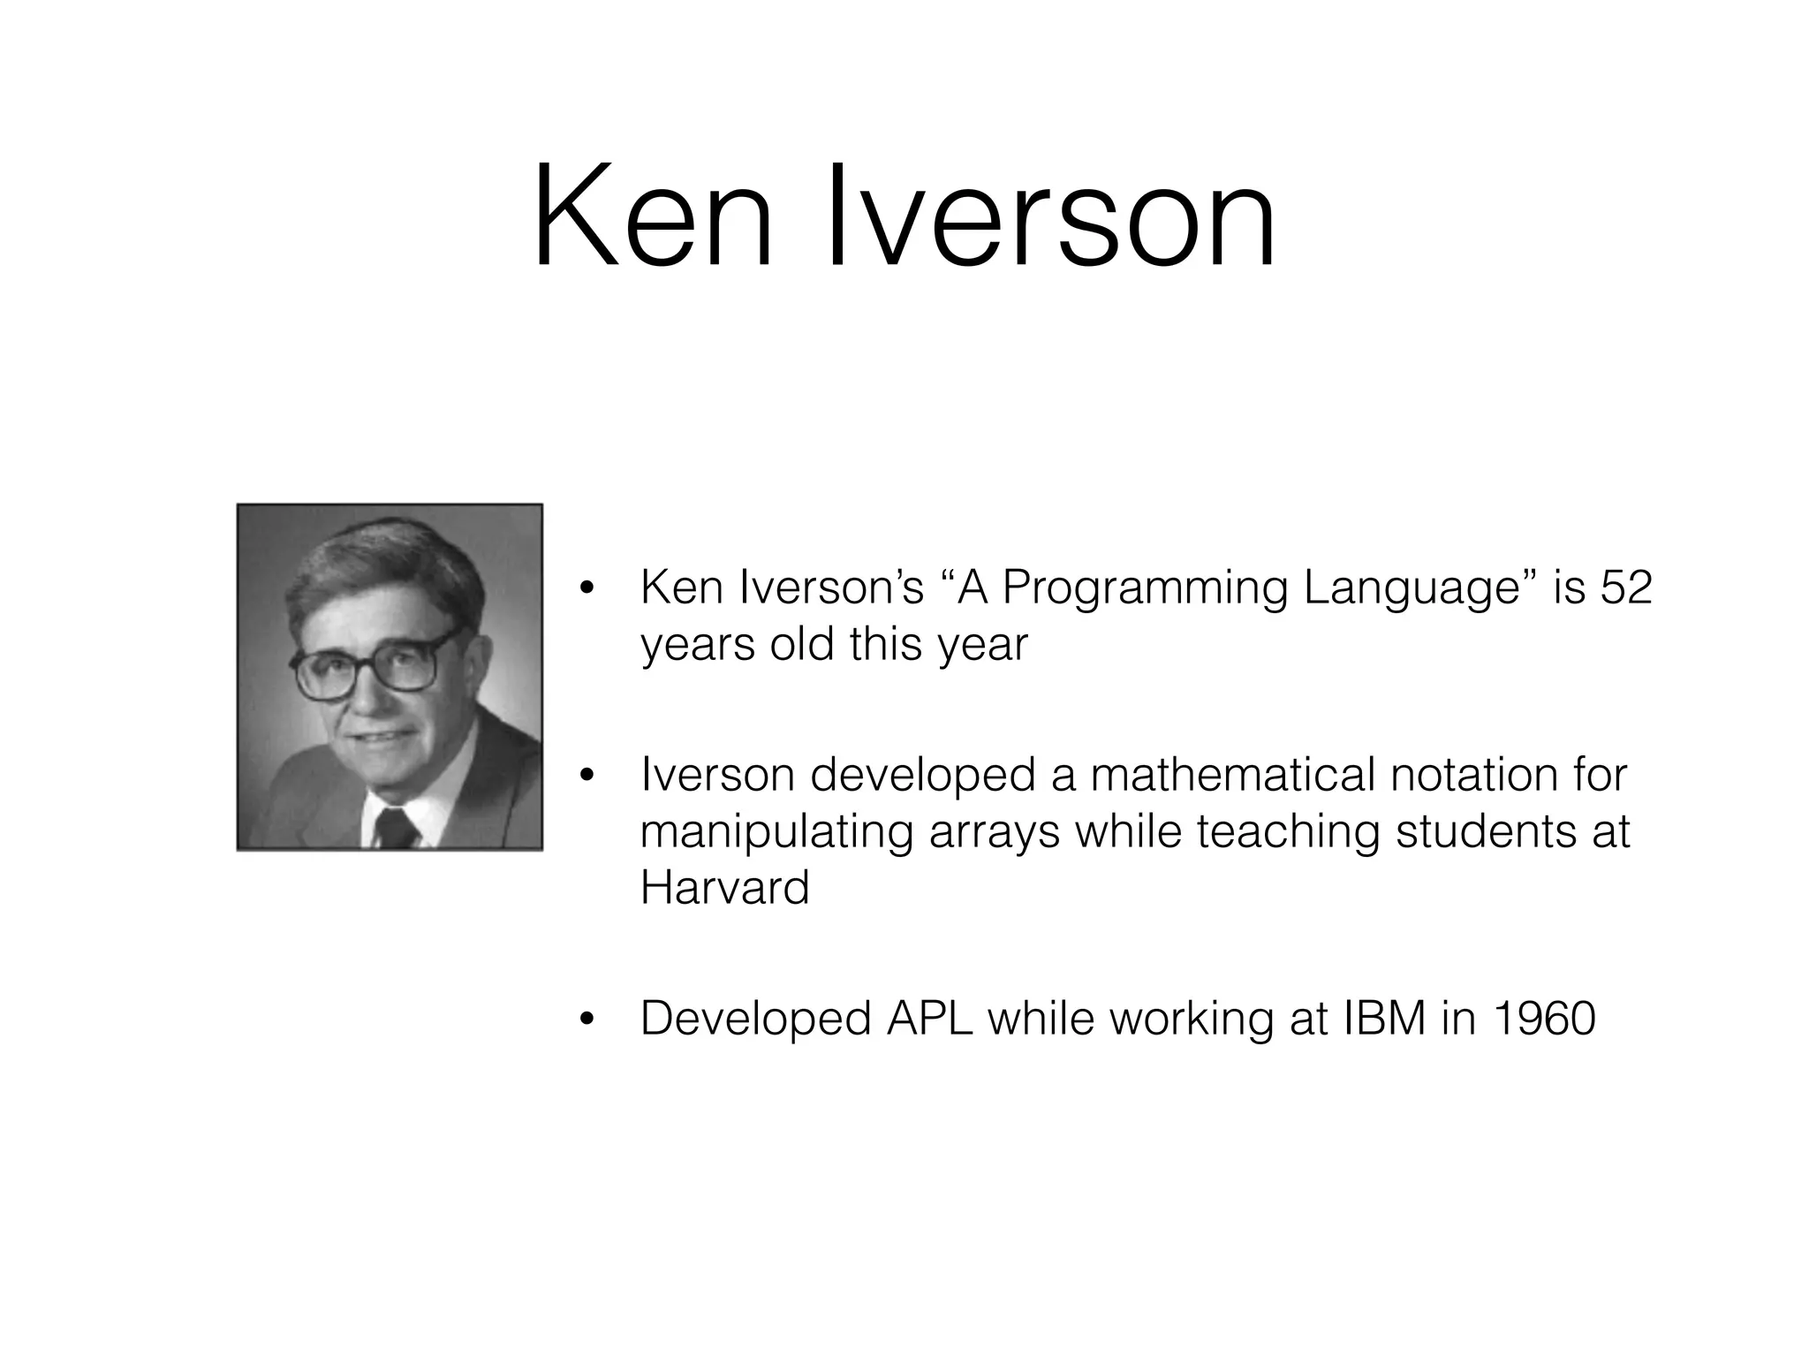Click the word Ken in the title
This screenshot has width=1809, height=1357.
(x=652, y=216)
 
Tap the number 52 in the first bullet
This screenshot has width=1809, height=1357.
(x=1625, y=587)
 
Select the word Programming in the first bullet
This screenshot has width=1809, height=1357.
(x=1145, y=588)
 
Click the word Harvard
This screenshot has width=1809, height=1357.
(x=724, y=887)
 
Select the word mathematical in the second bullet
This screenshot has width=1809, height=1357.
(x=1232, y=775)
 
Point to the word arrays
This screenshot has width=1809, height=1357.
(x=994, y=832)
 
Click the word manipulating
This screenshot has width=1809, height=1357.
(x=776, y=832)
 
